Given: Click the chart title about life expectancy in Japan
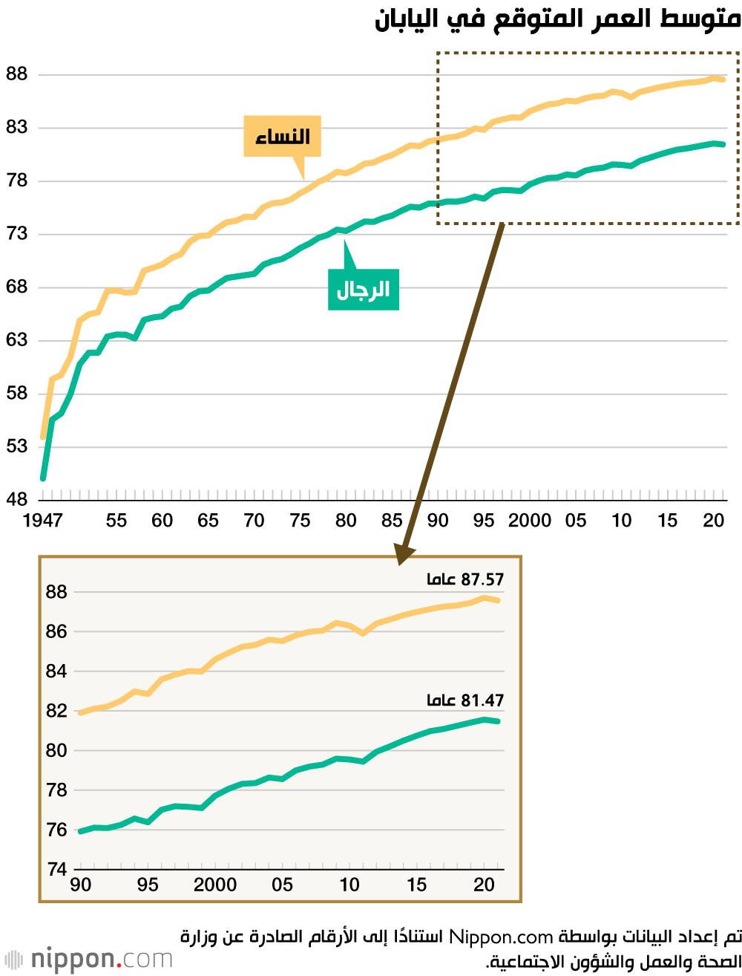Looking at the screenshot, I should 557,19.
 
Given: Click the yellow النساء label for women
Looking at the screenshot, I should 282,136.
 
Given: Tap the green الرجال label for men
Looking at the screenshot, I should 364,290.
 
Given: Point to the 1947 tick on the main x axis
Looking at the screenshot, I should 42,520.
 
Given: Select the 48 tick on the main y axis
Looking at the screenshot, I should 16,499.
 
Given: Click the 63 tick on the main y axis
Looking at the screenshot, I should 16,340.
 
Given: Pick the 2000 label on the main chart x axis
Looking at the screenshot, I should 529,520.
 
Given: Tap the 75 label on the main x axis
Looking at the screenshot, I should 300,520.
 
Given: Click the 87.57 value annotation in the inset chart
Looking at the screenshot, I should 465,579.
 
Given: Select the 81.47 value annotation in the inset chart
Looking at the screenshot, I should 465,700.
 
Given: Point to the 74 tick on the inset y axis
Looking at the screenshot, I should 56,869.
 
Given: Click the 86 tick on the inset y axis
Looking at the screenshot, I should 56,631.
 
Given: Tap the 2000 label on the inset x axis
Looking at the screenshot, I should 215,885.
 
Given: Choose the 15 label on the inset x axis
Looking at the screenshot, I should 416,885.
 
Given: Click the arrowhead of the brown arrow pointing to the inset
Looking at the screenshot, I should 404,553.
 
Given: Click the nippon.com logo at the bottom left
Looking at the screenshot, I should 88,959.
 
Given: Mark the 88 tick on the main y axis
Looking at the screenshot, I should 16,74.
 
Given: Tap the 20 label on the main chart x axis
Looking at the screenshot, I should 713,520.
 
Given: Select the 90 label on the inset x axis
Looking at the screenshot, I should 80,885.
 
